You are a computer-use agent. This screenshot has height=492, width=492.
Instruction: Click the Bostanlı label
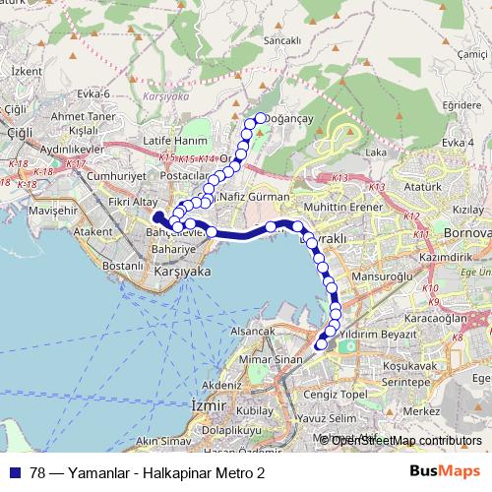click(123, 267)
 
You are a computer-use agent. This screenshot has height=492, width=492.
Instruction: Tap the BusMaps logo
click(445, 472)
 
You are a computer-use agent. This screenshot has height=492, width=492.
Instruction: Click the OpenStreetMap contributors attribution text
click(403, 440)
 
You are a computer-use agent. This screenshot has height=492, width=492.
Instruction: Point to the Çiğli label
click(16, 108)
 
